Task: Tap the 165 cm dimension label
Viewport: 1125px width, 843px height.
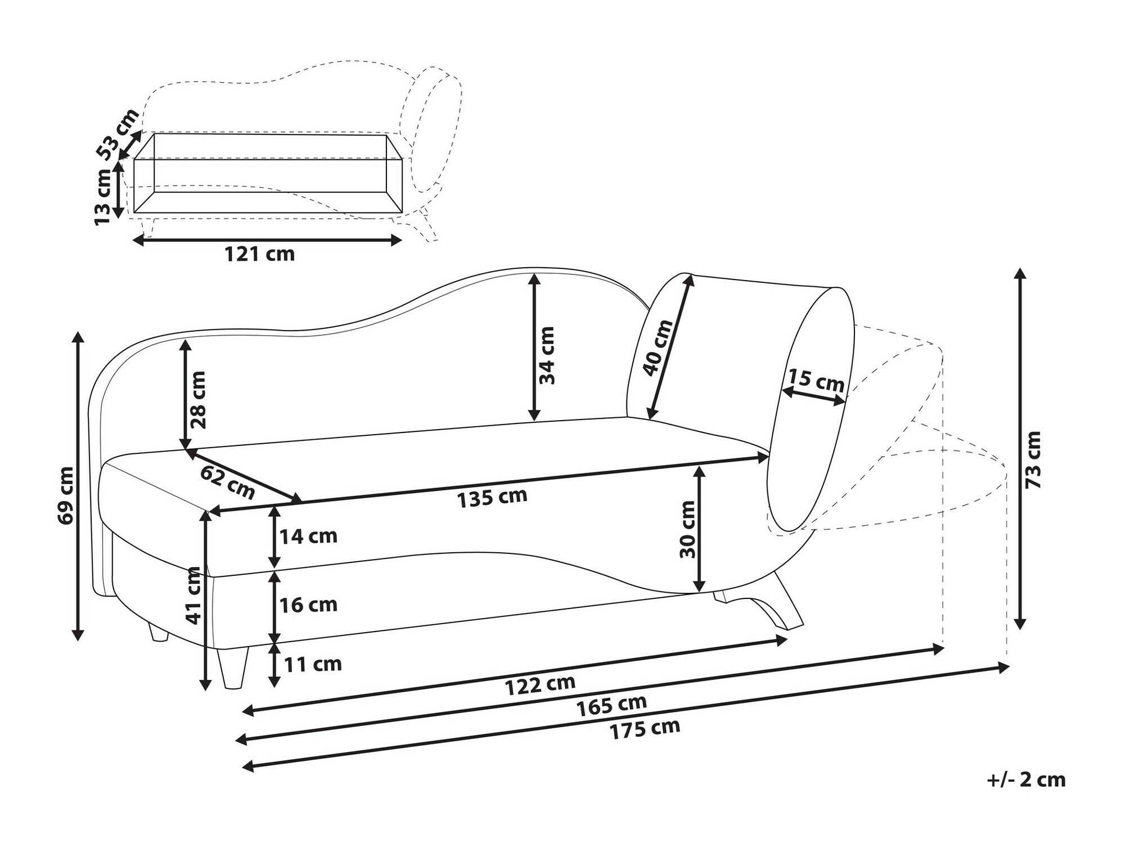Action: click(611, 705)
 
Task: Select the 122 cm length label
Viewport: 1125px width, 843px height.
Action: click(540, 684)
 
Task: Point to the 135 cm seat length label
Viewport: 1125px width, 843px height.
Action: click(492, 497)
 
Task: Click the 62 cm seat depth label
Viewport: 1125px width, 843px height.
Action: click(227, 482)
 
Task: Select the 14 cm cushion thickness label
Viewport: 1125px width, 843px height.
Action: click(309, 536)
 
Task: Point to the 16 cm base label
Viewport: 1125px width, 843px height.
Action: click(309, 605)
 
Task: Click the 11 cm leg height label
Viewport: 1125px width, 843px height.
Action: click(313, 664)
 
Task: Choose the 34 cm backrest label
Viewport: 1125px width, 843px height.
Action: click(546, 355)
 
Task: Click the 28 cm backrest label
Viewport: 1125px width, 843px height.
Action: click(197, 399)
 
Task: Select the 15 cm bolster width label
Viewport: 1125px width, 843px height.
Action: click(816, 380)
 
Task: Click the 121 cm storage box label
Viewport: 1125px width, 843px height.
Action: click(260, 254)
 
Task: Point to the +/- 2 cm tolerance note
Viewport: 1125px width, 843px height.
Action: click(1027, 779)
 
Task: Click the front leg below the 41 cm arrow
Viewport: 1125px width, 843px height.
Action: click(233, 669)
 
